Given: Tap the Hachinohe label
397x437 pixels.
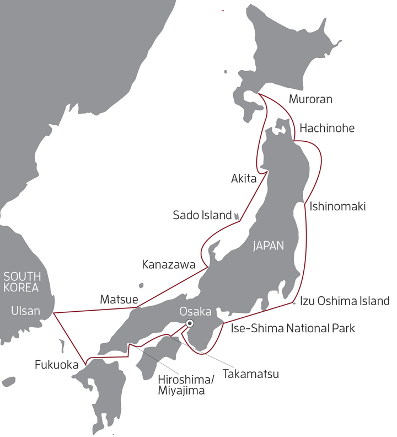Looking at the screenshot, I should tap(327, 128).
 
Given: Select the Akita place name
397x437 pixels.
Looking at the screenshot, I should tap(243, 178).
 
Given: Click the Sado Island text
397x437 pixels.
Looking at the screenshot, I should tap(201, 215).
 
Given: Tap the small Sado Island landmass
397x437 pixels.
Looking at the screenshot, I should tap(237, 216).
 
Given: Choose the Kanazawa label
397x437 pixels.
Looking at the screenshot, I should tap(168, 265).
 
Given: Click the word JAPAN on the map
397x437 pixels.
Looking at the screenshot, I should tap(268, 246).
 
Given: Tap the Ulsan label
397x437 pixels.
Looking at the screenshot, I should tap(25, 311).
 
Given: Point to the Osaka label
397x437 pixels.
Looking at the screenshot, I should tap(195, 311).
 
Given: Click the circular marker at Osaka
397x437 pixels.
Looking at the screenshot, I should tap(190, 323).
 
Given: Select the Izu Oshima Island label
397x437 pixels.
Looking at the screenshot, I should tap(345, 301).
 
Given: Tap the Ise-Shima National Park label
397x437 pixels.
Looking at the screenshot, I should tap(292, 328).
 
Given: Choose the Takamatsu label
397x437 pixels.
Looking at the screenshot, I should tap(250, 374).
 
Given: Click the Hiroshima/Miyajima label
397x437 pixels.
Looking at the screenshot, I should tap(183, 385).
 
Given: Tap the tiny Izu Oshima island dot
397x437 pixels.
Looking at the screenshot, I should tap(294, 302).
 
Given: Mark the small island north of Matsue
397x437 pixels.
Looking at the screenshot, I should tap(141, 286).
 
